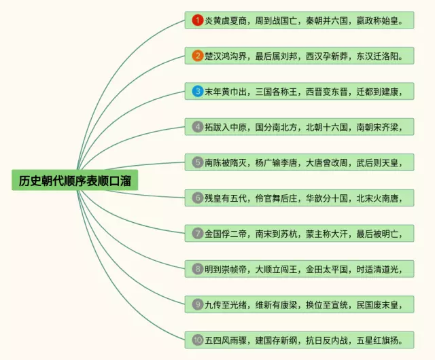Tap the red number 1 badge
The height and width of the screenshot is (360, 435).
click(197, 20)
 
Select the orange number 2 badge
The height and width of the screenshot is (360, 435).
click(197, 56)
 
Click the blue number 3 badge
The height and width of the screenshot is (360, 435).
click(197, 91)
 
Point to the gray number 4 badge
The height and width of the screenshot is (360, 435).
click(197, 126)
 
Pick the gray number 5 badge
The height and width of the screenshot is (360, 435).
click(197, 162)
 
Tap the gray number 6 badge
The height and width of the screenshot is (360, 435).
click(197, 198)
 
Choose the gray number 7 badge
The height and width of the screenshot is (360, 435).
click(197, 233)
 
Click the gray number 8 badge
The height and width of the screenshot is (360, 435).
click(197, 268)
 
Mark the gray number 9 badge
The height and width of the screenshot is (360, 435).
click(197, 304)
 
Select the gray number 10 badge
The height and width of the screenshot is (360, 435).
click(197, 340)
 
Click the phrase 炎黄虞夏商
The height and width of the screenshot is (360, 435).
click(226, 20)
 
